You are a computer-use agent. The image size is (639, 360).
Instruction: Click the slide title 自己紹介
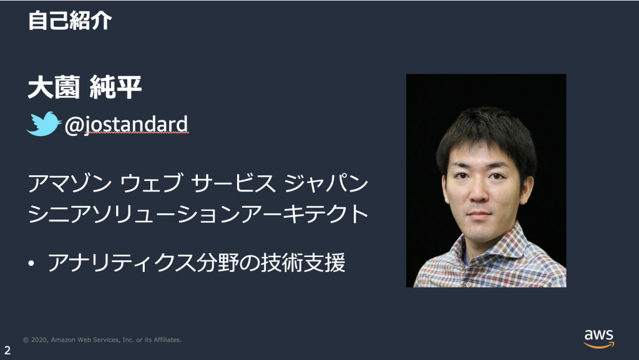[x=70, y=21]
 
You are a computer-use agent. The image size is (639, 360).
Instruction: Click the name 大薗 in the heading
[x=54, y=87]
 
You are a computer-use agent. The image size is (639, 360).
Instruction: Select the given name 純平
[x=115, y=87]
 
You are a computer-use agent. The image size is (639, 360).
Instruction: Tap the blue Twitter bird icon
[x=44, y=124]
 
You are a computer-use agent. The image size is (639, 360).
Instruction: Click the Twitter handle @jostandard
[x=126, y=125]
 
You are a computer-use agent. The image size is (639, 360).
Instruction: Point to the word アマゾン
[x=70, y=183]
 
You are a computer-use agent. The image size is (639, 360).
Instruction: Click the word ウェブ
[x=151, y=183]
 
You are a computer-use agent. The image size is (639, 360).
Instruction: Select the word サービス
[x=233, y=183]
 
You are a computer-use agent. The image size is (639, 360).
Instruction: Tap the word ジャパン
[x=326, y=183]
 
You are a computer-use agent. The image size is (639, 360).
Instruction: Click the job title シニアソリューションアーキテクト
[x=198, y=213]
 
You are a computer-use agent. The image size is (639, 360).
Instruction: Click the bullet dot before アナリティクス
[x=31, y=263]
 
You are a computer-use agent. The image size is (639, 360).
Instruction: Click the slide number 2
[x=7, y=350]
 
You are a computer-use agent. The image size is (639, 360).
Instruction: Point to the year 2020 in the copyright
[x=39, y=339]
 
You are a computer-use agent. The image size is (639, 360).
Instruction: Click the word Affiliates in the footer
[x=167, y=339]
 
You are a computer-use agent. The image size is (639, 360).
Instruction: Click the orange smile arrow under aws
[x=598, y=346]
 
